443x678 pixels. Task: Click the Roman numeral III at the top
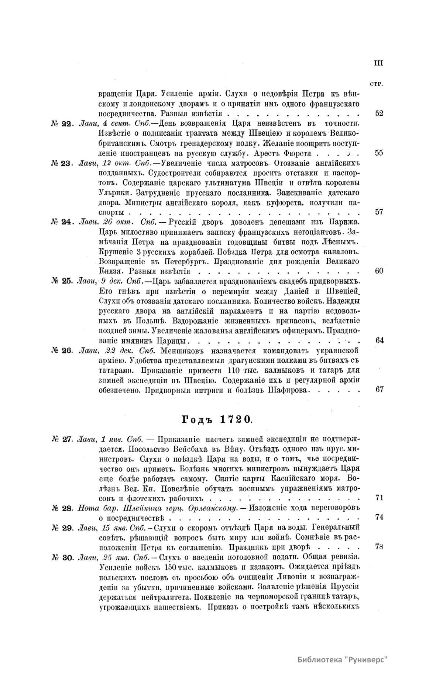pyautogui.click(x=378, y=63)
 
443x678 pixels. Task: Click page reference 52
pyautogui.click(x=379, y=113)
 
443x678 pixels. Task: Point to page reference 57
pyautogui.click(x=379, y=212)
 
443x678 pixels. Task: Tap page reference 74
pyautogui.click(x=379, y=518)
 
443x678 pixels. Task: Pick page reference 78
pyautogui.click(x=379, y=547)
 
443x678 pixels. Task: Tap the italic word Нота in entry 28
pyautogui.click(x=87, y=508)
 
